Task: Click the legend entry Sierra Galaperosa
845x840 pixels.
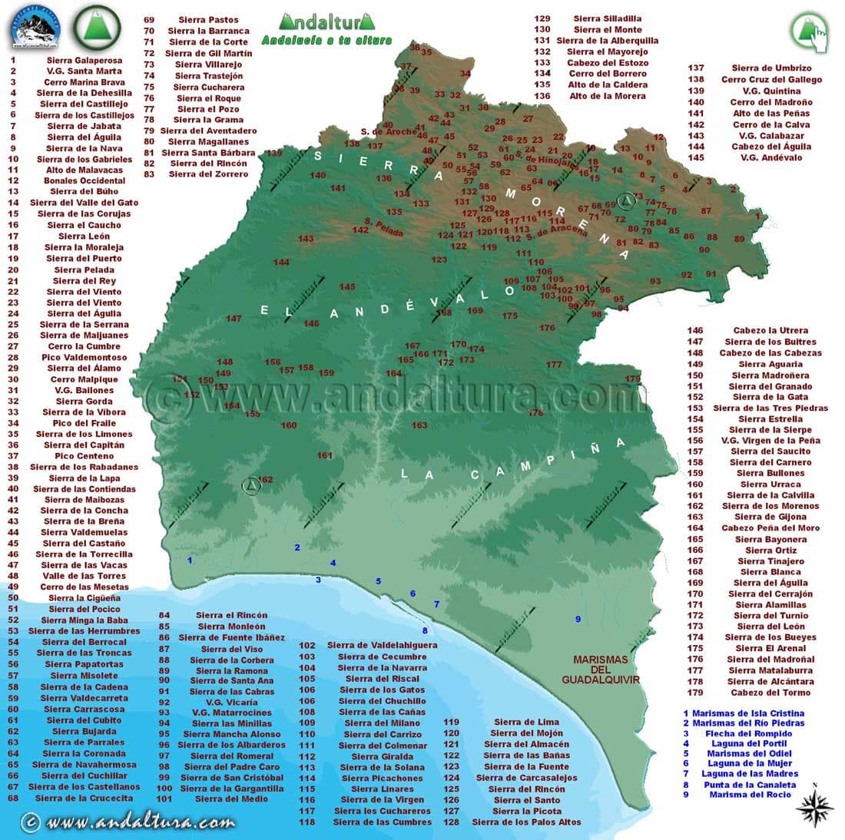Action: coord(84,60)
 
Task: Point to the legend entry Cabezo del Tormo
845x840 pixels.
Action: coord(770,693)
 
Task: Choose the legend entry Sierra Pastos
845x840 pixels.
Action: coord(208,20)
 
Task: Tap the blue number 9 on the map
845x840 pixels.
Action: coord(578,619)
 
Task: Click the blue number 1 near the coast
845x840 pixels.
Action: coord(190,561)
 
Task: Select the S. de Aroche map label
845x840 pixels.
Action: coord(387,131)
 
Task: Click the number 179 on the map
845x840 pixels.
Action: coord(632,379)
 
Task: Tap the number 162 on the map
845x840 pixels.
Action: coord(266,480)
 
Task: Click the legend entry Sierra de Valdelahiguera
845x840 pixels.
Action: coord(381,646)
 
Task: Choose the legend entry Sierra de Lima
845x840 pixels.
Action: coord(526,722)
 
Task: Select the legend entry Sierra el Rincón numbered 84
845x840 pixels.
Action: coord(231,615)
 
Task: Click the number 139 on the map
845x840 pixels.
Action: coord(274,153)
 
